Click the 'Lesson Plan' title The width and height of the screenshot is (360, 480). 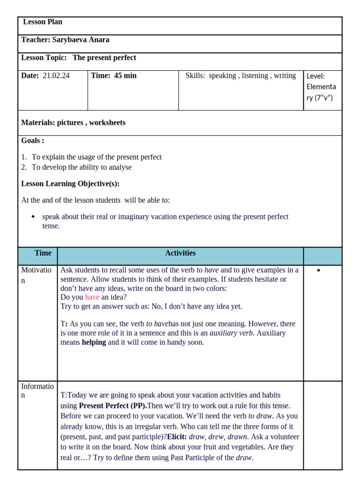tap(43, 22)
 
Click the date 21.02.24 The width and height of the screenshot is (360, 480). tap(56, 75)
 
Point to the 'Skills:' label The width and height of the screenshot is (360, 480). tap(195, 75)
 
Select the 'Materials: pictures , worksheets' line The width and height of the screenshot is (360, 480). tap(73, 123)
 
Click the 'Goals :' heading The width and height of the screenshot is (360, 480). tap(33, 141)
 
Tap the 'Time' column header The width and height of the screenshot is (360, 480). tap(43, 253)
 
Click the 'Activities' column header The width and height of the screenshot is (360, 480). tap(180, 253)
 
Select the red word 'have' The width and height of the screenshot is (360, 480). tap(92, 297)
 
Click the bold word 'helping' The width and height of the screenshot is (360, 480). tap(94, 342)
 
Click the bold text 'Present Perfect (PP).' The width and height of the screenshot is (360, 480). tap(113, 405)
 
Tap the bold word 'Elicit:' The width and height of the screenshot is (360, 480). tap(177, 436)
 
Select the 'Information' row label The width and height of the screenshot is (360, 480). tap(37, 390)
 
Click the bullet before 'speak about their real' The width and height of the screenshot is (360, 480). tap(33, 217)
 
